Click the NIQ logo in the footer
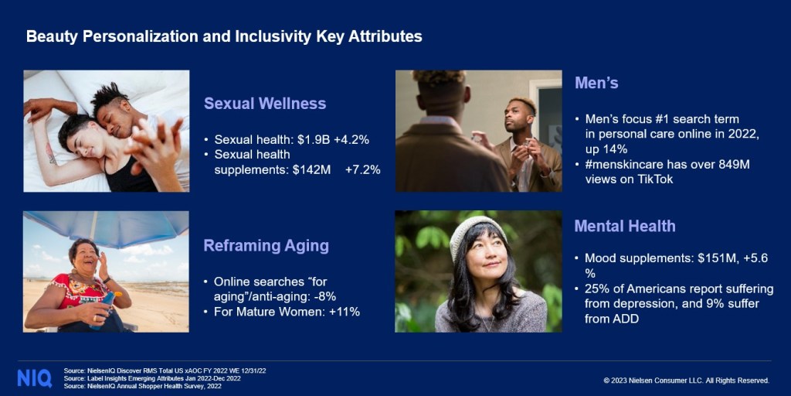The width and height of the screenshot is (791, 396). pyautogui.click(x=34, y=378)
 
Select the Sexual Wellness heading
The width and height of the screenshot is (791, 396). pyautogui.click(x=265, y=104)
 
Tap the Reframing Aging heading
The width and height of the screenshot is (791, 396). pyautogui.click(x=266, y=246)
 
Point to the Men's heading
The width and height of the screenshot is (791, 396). pyautogui.click(x=596, y=83)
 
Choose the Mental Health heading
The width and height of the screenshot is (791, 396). pyautogui.click(x=624, y=226)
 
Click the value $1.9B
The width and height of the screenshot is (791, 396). pyautogui.click(x=310, y=140)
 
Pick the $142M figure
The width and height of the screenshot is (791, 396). pyautogui.click(x=312, y=170)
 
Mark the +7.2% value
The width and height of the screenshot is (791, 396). pyautogui.click(x=363, y=170)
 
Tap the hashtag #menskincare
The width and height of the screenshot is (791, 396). pyautogui.click(x=627, y=165)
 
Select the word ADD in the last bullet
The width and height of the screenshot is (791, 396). pyautogui.click(x=626, y=319)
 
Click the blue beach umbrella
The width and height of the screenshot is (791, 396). pyautogui.click(x=106, y=227)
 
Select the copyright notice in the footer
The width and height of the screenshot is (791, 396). pyautogui.click(x=686, y=381)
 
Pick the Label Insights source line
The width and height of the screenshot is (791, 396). pyautogui.click(x=152, y=378)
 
